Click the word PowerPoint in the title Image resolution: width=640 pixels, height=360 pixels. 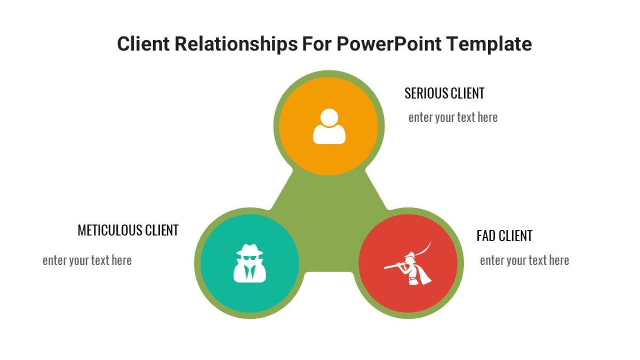[x=389, y=44]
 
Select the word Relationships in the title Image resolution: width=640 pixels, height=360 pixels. [x=236, y=44]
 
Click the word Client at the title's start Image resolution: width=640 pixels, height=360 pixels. [x=143, y=44]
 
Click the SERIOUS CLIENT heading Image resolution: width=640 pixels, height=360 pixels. [x=444, y=93]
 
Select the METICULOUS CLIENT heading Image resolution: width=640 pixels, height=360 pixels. [x=128, y=230]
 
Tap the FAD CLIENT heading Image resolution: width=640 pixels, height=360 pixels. [x=504, y=236]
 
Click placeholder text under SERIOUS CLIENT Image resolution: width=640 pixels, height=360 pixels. [x=453, y=117]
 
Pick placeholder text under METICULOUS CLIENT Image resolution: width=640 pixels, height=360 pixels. [x=87, y=260]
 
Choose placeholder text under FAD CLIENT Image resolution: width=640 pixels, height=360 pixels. [x=524, y=260]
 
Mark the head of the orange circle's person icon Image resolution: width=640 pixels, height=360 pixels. [x=329, y=117]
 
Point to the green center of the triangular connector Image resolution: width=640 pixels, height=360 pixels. [x=329, y=224]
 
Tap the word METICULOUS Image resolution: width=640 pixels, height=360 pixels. [x=110, y=230]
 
